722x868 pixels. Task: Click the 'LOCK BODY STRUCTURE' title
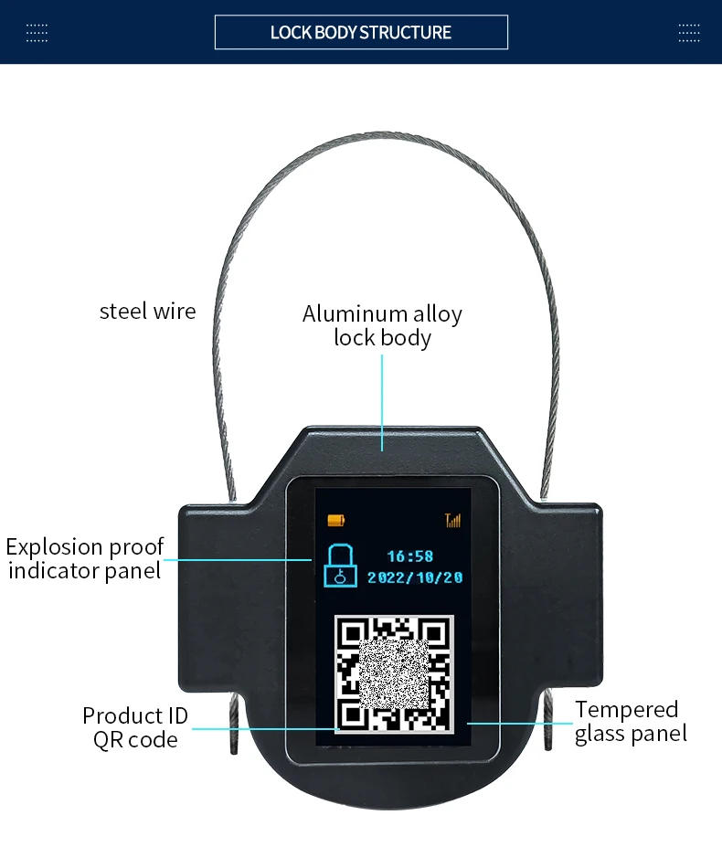pyautogui.click(x=361, y=33)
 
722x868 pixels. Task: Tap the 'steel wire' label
pyautogui.click(x=148, y=311)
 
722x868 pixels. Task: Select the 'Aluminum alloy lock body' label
pyautogui.click(x=382, y=325)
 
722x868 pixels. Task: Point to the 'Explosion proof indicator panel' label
pyautogui.click(x=85, y=558)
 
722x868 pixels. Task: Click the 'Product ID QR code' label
pyautogui.click(x=135, y=727)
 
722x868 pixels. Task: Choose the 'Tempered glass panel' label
pyautogui.click(x=631, y=721)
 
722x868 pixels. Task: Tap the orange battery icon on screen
pyautogui.click(x=336, y=520)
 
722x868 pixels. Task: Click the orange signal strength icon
pyautogui.click(x=453, y=521)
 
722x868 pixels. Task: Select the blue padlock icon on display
pyautogui.click(x=340, y=566)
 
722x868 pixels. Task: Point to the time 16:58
pyautogui.click(x=409, y=556)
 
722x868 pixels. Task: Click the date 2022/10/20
pyautogui.click(x=415, y=578)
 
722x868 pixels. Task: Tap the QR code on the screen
pyautogui.click(x=394, y=674)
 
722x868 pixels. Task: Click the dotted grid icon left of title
pyautogui.click(x=37, y=33)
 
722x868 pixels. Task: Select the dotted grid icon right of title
pyautogui.click(x=689, y=33)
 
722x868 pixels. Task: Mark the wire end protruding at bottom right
pyautogui.click(x=548, y=722)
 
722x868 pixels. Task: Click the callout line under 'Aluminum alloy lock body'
pyautogui.click(x=382, y=403)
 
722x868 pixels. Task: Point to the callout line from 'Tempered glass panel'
pyautogui.click(x=520, y=723)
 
